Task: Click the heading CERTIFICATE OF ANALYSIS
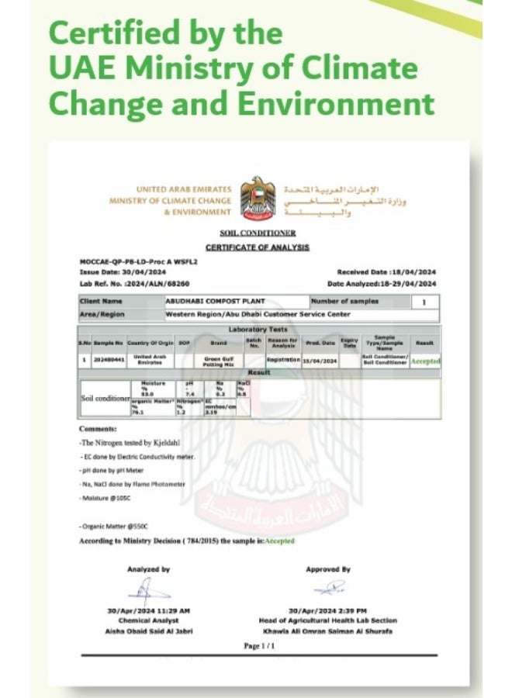tap(258, 247)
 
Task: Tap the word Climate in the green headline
tap(364, 68)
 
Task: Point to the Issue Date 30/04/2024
tap(123, 272)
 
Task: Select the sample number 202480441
tap(108, 360)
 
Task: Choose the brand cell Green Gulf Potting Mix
tap(218, 360)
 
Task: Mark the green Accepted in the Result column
tap(424, 361)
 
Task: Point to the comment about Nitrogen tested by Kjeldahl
tap(130, 442)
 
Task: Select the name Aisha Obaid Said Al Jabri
tap(148, 631)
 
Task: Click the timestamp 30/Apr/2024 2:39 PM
tap(328, 610)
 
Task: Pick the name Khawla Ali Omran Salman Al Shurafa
tap(328, 631)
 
